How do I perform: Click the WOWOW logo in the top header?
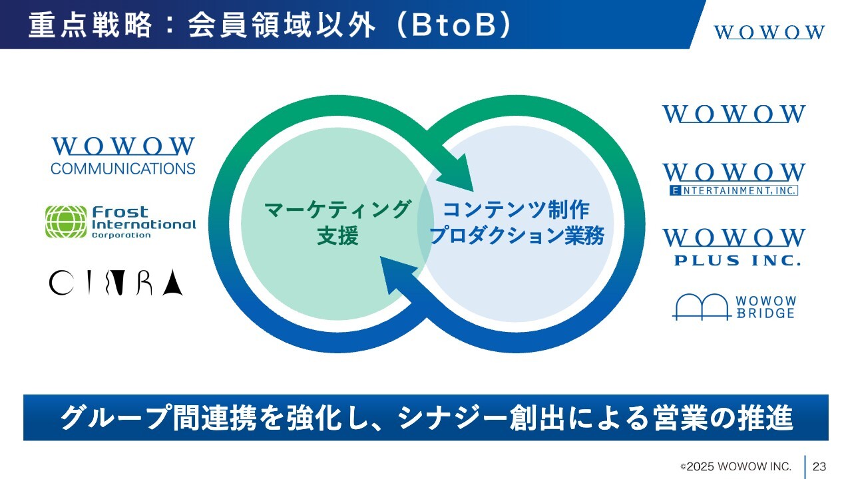coord(769,32)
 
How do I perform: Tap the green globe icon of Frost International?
coord(66,222)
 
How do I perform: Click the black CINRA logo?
coord(116,282)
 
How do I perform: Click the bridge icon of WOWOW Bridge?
coord(700,307)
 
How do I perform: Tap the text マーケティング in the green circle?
coord(337,210)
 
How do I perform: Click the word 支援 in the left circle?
coord(337,236)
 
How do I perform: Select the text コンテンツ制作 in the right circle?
coord(517,210)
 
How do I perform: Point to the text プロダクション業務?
coord(517,236)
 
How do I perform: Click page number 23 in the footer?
coord(819,466)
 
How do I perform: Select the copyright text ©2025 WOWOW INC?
coord(736,466)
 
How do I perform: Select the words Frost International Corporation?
coord(144,222)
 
